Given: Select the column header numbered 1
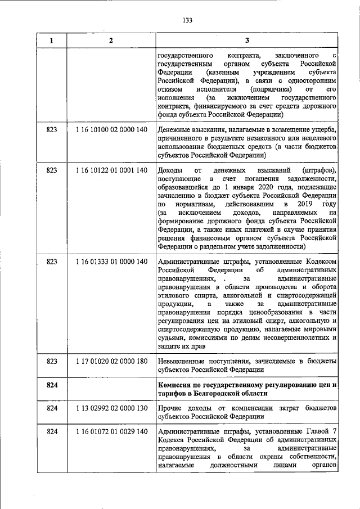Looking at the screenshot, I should tap(52, 40).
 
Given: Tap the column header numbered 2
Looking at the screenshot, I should tap(111, 40).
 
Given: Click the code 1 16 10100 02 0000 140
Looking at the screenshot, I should tap(111, 130).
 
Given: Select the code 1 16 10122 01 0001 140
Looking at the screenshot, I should tap(111, 170).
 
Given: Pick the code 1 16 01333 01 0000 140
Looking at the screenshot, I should tap(111, 262).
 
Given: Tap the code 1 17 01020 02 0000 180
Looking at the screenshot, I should tap(111, 360).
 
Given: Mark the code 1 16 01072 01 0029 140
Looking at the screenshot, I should tap(111, 431).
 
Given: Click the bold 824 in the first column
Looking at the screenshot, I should tap(52, 384).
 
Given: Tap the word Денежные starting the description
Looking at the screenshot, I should tap(176, 130).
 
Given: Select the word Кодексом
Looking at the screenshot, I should tap(321, 262).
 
